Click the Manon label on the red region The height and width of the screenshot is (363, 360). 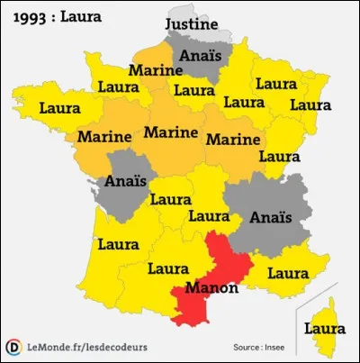211,288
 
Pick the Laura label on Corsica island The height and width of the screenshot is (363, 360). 325,328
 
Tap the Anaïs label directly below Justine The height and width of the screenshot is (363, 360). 197,56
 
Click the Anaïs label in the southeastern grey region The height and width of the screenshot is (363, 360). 271,217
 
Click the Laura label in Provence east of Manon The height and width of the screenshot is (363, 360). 289,272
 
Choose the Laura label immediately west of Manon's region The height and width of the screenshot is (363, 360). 167,268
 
